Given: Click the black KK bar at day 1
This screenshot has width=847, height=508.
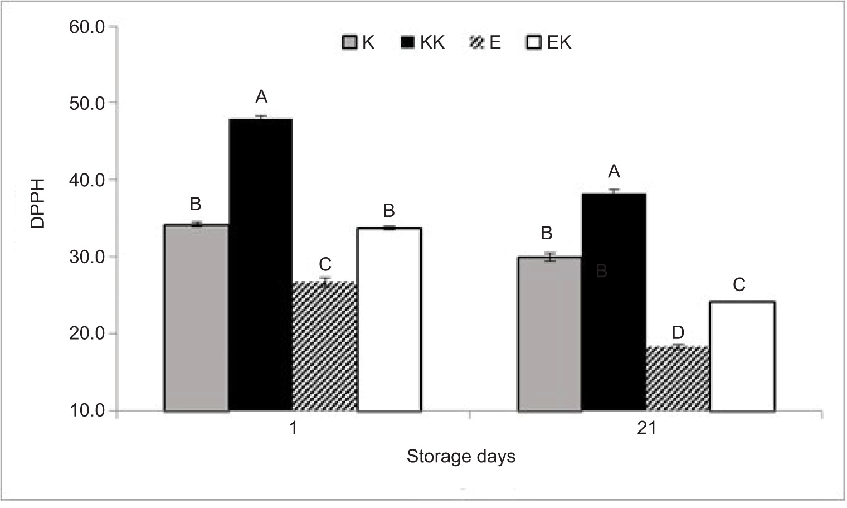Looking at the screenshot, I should tap(260, 265).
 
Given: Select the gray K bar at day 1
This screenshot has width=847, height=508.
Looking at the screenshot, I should tap(196, 317).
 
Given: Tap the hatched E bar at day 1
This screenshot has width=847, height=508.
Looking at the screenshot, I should tap(325, 346).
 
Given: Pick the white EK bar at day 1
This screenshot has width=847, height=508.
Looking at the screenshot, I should tap(389, 319).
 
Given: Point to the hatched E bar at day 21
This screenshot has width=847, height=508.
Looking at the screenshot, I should tap(678, 379).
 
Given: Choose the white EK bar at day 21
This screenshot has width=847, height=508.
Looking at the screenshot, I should tap(742, 356).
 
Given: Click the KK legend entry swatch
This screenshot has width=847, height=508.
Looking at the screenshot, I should tap(408, 43).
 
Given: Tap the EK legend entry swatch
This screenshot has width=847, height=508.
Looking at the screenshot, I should tap(534, 43).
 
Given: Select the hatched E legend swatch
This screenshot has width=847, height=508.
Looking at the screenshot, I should tap(478, 43).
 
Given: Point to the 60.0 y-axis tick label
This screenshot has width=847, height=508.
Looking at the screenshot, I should tap(87, 27).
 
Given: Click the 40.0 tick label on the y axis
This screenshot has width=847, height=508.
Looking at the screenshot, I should tap(87, 180).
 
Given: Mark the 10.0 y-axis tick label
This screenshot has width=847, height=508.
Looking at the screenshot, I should tap(87, 411).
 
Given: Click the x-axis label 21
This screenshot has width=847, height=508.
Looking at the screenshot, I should tap(646, 429).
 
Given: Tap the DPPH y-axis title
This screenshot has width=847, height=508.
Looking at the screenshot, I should tap(37, 203).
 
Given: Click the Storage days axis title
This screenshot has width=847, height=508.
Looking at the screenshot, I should tap(461, 457).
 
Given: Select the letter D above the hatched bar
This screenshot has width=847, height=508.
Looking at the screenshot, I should tap(678, 333).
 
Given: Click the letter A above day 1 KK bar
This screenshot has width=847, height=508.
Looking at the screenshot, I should tap(261, 97).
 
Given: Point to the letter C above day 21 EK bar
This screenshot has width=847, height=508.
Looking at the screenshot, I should tap(739, 285).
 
